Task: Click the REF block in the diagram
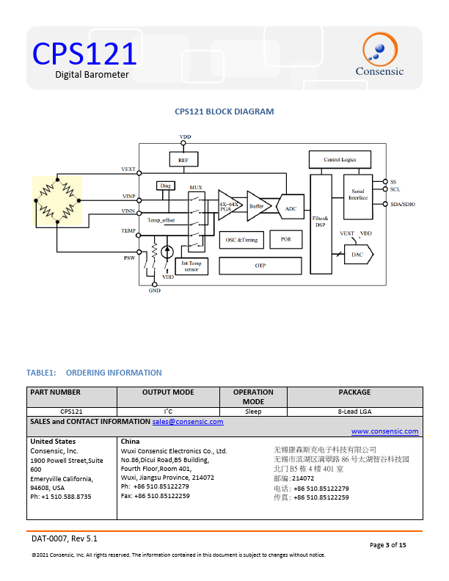pos(183,159)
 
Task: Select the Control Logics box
pos(340,159)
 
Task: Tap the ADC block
pos(290,208)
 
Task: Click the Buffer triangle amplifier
pos(258,206)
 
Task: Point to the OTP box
pos(260,266)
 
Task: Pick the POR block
pos(286,239)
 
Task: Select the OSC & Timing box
pos(241,240)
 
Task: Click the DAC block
pos(358,255)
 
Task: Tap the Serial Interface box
pos(358,197)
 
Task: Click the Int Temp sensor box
pos(191,266)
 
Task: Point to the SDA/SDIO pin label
pos(403,204)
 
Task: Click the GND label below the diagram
pos(155,290)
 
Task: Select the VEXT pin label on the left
pos(128,169)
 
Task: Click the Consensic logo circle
pos(380,50)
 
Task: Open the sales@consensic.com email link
pos(188,422)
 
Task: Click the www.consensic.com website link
pos(385,431)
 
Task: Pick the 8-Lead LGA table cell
pos(354,412)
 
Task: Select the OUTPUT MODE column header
pos(168,392)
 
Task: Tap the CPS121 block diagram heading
pos(224,112)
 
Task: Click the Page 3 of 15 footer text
pos(388,545)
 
